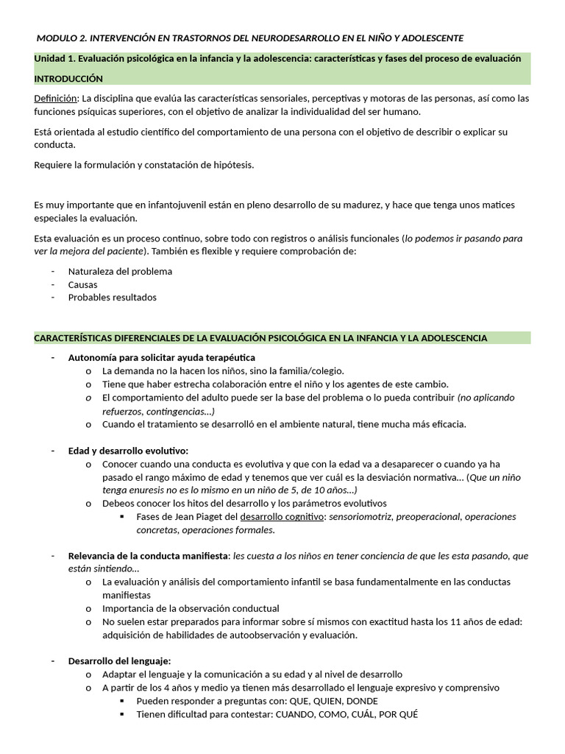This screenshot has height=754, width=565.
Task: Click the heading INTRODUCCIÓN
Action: (x=68, y=78)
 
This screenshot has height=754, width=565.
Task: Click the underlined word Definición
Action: (x=56, y=98)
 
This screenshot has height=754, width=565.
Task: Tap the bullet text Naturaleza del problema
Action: (x=120, y=271)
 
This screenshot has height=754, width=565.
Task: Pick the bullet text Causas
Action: (x=82, y=284)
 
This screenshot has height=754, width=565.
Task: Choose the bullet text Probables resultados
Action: (x=112, y=297)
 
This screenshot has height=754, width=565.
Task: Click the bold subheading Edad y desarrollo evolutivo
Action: (x=128, y=451)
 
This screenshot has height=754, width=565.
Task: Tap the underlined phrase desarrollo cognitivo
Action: (x=282, y=517)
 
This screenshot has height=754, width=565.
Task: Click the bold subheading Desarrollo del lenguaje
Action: (x=119, y=661)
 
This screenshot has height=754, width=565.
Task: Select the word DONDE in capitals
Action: (x=362, y=701)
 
